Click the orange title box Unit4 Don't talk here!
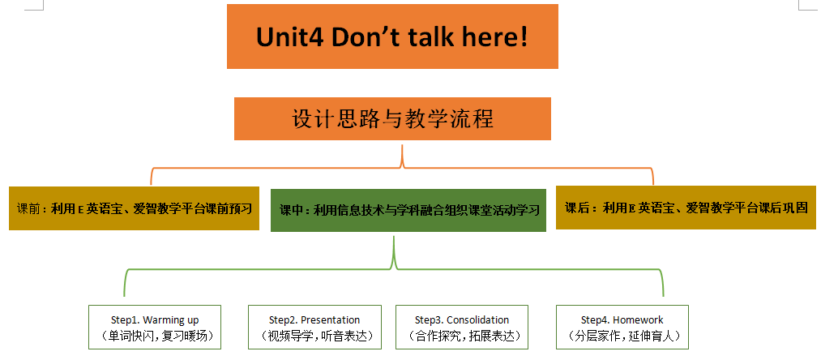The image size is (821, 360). click(392, 36)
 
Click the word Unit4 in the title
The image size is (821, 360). click(289, 37)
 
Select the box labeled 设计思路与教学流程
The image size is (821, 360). click(392, 118)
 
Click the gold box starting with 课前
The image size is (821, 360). click(134, 208)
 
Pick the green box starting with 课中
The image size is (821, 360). click(408, 210)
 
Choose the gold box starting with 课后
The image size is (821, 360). click(686, 208)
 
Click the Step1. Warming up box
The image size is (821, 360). click(155, 327)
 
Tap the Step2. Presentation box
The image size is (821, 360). click(314, 327)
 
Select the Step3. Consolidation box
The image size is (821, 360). click(462, 327)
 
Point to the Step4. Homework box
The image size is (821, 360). click(622, 327)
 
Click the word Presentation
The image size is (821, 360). click(331, 319)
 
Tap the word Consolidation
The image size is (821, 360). click(477, 319)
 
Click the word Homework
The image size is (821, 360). click(638, 319)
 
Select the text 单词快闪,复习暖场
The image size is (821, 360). click(155, 336)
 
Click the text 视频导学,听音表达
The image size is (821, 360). click(314, 336)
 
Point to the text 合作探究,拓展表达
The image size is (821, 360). click(462, 336)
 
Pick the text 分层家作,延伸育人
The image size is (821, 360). click(622, 336)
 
